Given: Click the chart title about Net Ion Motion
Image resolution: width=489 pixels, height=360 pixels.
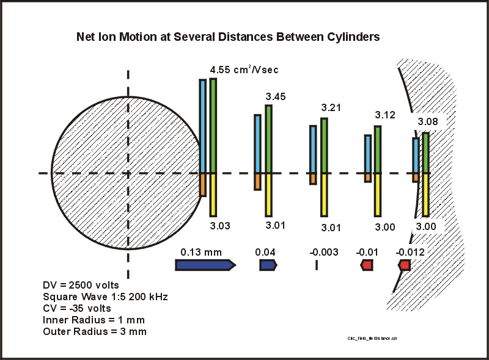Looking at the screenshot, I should (227, 37).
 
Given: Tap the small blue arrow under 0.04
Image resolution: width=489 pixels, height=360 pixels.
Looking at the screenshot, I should (268, 265).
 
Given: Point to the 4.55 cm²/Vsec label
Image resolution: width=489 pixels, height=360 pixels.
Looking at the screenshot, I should (244, 70).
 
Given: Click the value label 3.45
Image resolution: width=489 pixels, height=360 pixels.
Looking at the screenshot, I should (276, 96).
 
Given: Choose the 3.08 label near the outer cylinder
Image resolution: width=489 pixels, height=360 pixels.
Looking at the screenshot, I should (428, 123).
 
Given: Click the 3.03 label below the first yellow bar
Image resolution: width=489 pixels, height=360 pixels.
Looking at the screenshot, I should (220, 226).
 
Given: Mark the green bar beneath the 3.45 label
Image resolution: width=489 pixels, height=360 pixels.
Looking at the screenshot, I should (268, 139).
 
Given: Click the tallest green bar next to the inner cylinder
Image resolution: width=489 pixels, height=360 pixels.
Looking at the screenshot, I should (213, 126).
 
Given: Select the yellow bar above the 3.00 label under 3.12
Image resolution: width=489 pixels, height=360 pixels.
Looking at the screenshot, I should (378, 195).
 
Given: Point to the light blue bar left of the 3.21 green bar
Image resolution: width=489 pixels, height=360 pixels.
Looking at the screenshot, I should (313, 149).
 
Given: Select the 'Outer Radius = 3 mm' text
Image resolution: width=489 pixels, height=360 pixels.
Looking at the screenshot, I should (94, 331).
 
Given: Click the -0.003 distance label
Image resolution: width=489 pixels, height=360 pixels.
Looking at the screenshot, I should (322, 251).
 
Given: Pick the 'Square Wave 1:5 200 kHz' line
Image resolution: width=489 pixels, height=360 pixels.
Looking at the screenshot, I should (101, 297).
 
